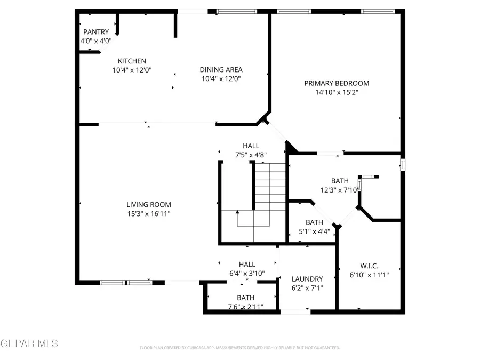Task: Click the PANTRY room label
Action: coord(96,32)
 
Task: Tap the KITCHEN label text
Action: coord(132,61)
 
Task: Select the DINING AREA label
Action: coord(221,69)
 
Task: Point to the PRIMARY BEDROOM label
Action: coord(337,83)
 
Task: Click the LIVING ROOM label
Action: coord(149,204)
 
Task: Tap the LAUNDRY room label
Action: coord(307,279)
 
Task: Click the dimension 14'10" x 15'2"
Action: coord(337,92)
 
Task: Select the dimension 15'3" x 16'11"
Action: coord(149,214)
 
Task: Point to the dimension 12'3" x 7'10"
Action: coord(340,190)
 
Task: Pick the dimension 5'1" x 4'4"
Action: coord(314,232)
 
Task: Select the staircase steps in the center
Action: coord(270,187)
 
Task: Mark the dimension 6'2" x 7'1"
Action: coord(307,288)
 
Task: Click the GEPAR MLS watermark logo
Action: coord(29,343)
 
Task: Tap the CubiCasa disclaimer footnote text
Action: coord(239,348)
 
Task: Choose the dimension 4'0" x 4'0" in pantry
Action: coord(96,41)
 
